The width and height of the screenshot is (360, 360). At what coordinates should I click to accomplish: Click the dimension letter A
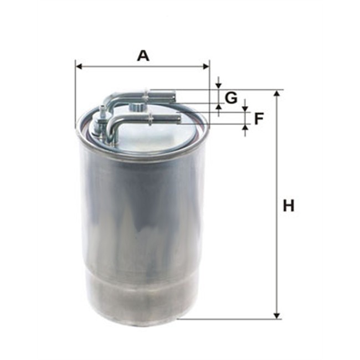coord(143,56)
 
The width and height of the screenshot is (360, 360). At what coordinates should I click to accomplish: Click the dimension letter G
coord(231,97)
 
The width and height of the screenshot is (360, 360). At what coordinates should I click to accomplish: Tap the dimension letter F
coord(259,119)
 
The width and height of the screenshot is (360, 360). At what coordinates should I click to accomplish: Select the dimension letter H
coord(289,205)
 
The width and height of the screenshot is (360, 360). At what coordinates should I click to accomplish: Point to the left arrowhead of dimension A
coord(79,66)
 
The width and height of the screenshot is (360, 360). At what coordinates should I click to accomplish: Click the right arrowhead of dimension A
coord(206,66)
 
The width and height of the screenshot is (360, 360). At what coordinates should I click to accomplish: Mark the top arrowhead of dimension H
coord(277,93)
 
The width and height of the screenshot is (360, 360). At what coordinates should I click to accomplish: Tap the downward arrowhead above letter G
coord(219,85)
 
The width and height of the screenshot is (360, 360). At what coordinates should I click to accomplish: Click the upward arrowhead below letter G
coord(219,106)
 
